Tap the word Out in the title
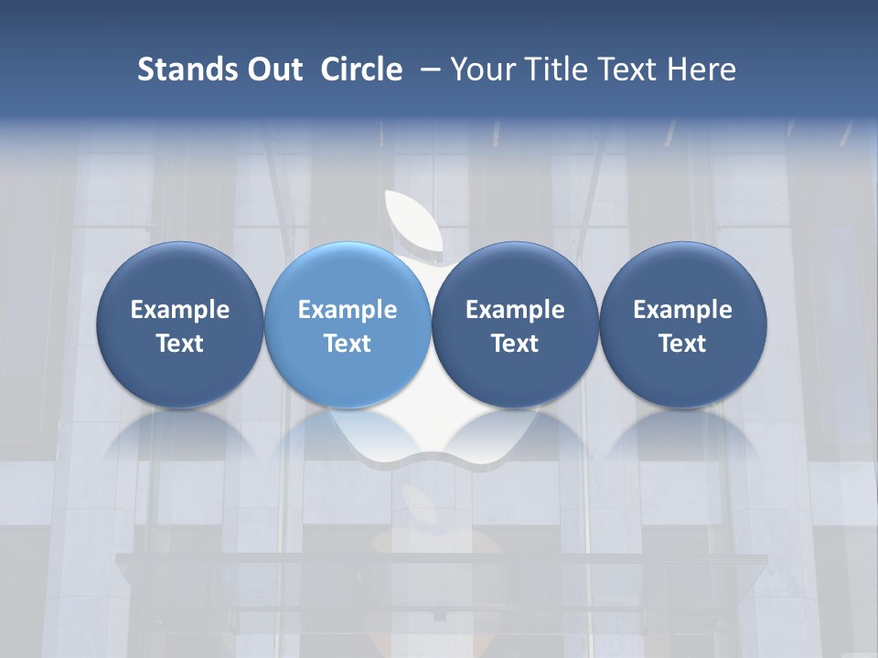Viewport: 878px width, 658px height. click(x=273, y=69)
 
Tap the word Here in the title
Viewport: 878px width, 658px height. click(x=703, y=69)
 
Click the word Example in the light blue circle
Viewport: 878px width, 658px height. click(x=348, y=310)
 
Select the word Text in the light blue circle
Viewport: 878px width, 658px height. click(x=348, y=344)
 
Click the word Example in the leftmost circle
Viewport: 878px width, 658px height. click(x=180, y=310)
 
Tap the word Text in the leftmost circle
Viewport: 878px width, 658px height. click(x=180, y=344)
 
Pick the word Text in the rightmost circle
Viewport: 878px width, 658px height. click(x=682, y=344)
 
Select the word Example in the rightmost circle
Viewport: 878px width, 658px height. click(x=682, y=310)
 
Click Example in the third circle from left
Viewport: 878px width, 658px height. click(x=515, y=310)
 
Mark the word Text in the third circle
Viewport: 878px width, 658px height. click(x=515, y=344)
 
